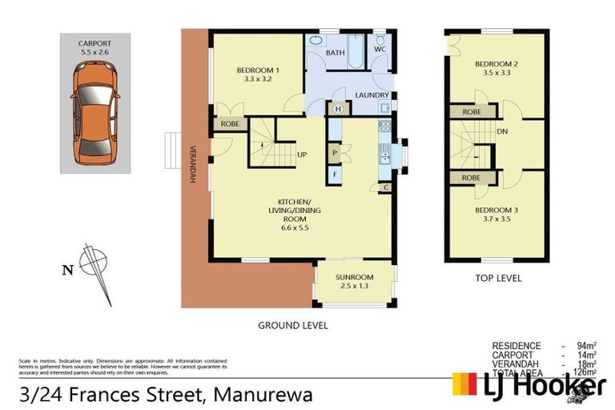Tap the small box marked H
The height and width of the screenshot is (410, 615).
[x=338, y=108]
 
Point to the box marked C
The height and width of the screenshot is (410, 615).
[x=386, y=187]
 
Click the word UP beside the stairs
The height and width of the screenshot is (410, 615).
[x=302, y=155]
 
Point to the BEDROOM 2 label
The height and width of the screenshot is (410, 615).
[x=496, y=64]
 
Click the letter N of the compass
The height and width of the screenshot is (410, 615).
[x=66, y=270]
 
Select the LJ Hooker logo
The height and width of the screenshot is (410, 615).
[x=529, y=385]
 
